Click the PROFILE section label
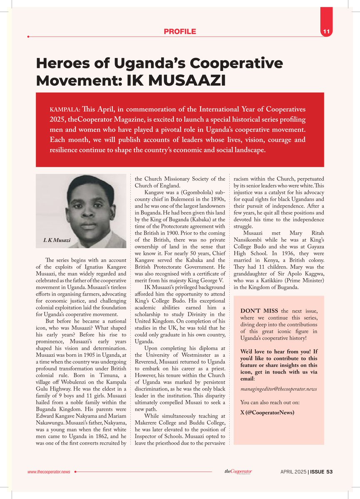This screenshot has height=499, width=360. (x=180, y=32)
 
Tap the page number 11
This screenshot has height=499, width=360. (x=326, y=32)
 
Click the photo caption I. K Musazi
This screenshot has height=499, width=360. (x=57, y=241)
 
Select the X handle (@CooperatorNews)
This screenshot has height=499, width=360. (x=267, y=413)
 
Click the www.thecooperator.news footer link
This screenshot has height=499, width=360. (x=49, y=472)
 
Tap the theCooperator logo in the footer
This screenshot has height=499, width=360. (x=238, y=471)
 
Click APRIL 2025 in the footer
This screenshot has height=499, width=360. (x=293, y=472)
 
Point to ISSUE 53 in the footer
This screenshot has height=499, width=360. (x=320, y=472)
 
